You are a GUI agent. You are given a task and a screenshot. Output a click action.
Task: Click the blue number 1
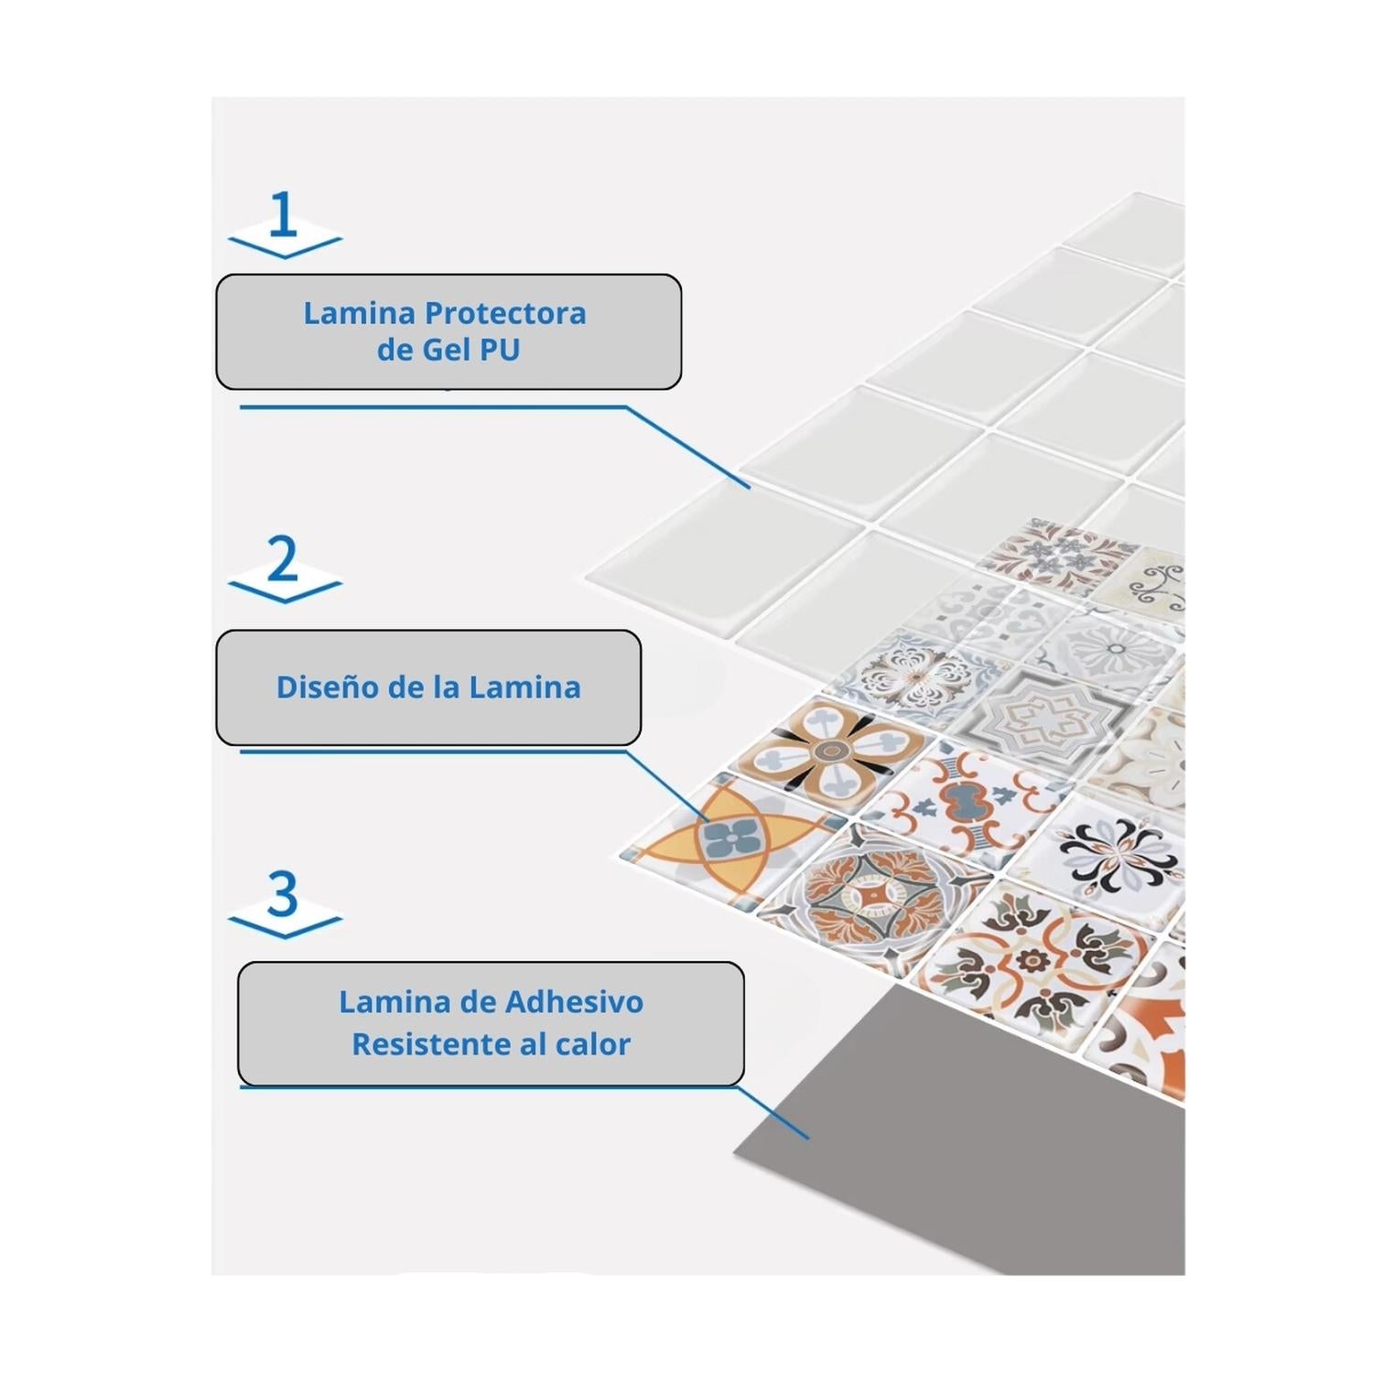tap(284, 215)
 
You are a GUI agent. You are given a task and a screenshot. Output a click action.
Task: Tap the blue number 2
tap(283, 558)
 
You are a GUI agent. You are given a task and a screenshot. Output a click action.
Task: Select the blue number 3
tap(283, 894)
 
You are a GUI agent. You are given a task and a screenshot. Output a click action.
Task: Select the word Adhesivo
tap(574, 1001)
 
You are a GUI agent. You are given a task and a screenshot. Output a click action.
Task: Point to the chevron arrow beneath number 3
tap(285, 924)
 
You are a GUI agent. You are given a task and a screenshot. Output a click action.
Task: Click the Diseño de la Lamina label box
tap(428, 687)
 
